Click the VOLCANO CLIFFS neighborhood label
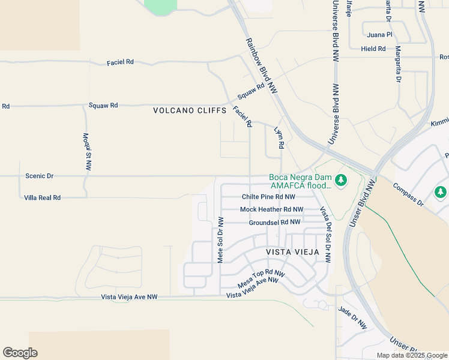(190, 110)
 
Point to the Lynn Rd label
(279, 138)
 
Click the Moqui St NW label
(87, 152)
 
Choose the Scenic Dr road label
(40, 176)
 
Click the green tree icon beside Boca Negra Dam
(341, 180)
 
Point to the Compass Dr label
(408, 195)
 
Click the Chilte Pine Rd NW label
(268, 197)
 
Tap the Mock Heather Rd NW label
(272, 209)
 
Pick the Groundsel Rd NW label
(274, 222)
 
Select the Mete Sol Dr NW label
(220, 239)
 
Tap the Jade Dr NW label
(352, 319)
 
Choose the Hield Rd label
(373, 49)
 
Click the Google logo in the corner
(20, 353)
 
